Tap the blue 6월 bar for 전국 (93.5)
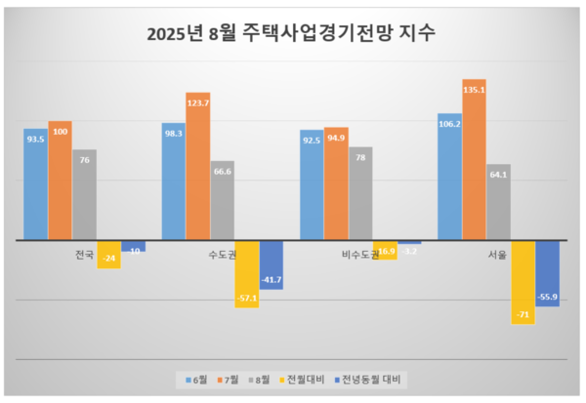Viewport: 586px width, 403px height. pos(35,185)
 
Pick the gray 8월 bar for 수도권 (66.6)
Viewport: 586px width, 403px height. pos(223,201)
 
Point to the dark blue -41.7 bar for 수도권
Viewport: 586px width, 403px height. pos(271,264)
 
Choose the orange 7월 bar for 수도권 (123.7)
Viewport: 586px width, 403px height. pos(198,167)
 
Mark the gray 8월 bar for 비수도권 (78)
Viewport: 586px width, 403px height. pos(360,194)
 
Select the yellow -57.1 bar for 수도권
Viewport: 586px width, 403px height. pos(246,273)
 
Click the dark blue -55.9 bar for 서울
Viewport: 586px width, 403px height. pos(547,273)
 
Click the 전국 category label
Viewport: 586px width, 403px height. pos(85,255)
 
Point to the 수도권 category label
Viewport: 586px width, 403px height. pos(222,256)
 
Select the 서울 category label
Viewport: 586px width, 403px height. pos(497,256)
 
